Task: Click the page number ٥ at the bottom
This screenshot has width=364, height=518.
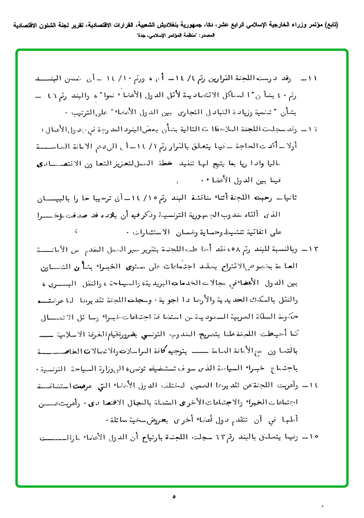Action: [x=174, y=497]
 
